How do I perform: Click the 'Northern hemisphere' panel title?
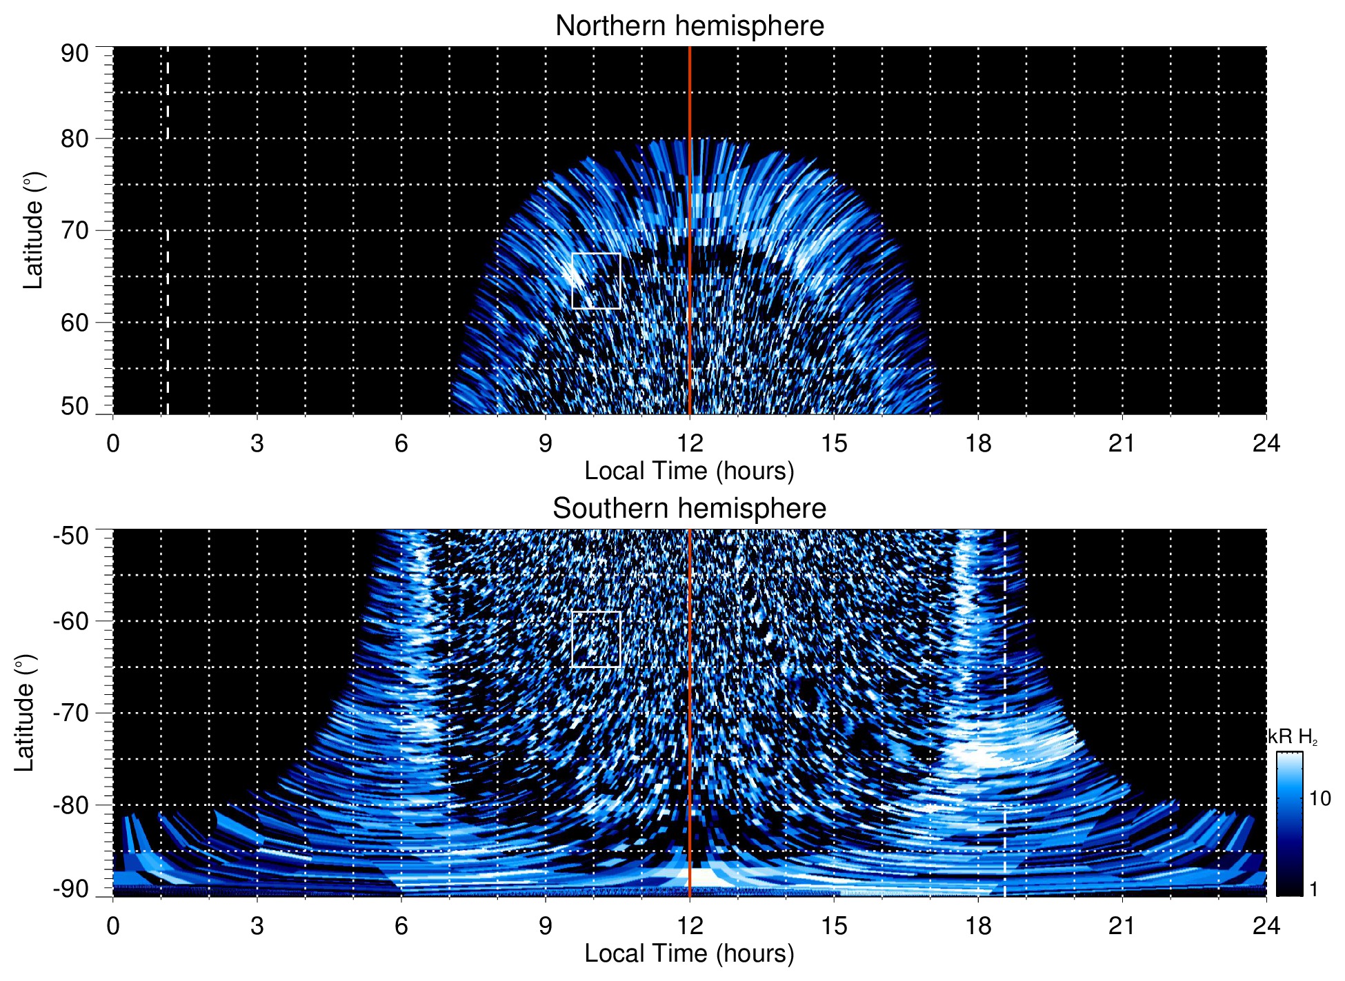(x=689, y=26)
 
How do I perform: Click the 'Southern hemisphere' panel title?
(x=689, y=509)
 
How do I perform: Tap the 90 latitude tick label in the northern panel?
(x=74, y=53)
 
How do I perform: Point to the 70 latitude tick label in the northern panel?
(x=74, y=230)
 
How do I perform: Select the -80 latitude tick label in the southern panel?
(x=71, y=805)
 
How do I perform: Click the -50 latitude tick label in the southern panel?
(x=71, y=536)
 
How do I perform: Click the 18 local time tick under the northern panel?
(x=978, y=443)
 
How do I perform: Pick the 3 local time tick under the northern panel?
(x=257, y=443)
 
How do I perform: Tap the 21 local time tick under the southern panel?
(x=1122, y=926)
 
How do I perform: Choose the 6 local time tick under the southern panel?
(x=401, y=926)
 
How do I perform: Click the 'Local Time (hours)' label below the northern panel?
(x=689, y=471)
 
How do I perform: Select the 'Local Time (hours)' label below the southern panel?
(x=689, y=953)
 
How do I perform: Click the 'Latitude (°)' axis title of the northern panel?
(x=33, y=230)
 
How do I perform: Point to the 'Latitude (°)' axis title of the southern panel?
(x=25, y=713)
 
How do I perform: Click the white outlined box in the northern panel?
(x=596, y=281)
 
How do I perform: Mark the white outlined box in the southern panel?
(x=596, y=639)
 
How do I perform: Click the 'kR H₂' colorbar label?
(x=1293, y=737)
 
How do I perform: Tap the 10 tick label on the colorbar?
(x=1319, y=798)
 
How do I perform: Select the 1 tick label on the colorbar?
(x=1313, y=889)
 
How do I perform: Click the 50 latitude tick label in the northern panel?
(x=74, y=406)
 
